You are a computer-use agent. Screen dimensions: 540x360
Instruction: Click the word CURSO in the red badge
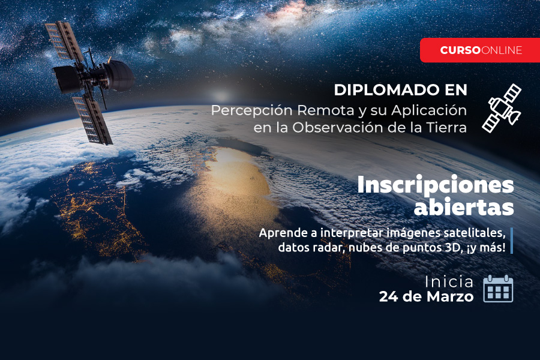[x=460, y=50]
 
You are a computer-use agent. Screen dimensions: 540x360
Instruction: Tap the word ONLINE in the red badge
[x=502, y=50]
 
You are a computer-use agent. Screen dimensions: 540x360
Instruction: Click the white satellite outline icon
[x=502, y=108]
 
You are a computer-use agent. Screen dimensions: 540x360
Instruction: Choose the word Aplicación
[x=429, y=110]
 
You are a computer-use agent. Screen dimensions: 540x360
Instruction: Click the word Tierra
[x=446, y=127]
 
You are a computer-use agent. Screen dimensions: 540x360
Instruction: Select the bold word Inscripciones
[x=436, y=185]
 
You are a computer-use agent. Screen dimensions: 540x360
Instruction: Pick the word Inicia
[x=449, y=282]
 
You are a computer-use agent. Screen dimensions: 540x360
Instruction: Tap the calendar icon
[x=498, y=289]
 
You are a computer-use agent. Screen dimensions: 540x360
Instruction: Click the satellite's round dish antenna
[x=119, y=76]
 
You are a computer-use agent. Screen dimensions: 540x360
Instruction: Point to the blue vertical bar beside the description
[x=512, y=241]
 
